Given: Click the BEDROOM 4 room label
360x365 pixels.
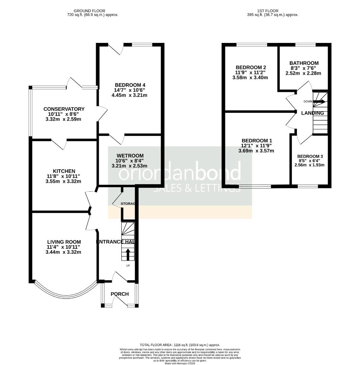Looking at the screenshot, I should [x=130, y=85].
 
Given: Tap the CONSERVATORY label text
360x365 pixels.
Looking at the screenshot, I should [x=64, y=109].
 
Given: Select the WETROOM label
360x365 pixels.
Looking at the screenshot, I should [x=131, y=155].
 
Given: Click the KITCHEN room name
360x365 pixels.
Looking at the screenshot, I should [x=64, y=171].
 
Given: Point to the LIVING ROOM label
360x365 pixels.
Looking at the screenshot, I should [x=64, y=242].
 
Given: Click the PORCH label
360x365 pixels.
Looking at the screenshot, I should [x=120, y=294].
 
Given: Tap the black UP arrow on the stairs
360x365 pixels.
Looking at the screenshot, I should [x=128, y=254].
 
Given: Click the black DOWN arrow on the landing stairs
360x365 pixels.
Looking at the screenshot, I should [x=319, y=101].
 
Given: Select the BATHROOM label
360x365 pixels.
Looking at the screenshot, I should [x=304, y=63].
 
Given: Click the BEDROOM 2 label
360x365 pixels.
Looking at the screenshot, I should [x=250, y=67].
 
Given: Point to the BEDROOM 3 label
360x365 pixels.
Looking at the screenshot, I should [x=310, y=156].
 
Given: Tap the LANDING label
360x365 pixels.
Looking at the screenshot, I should [x=313, y=113].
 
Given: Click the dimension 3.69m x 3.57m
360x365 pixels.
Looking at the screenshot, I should [x=256, y=151].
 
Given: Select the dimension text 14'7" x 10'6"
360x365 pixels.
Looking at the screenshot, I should [x=130, y=90].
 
